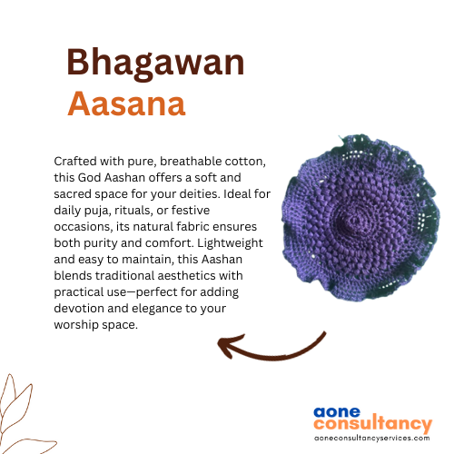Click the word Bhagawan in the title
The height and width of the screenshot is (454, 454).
tap(155, 63)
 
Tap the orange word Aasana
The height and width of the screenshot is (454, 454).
tap(126, 104)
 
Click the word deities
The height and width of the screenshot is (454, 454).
tap(200, 193)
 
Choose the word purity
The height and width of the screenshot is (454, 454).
tap(100, 243)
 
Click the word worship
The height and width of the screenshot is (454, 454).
tap(76, 325)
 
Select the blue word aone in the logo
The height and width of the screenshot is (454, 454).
tap(337, 412)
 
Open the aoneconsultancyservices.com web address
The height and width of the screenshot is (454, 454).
tap(372, 439)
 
